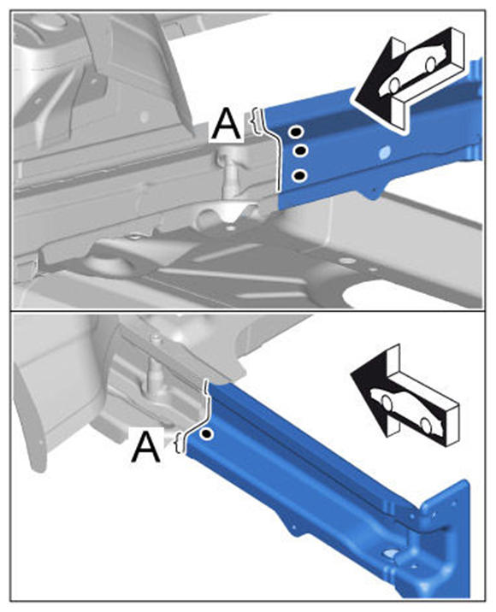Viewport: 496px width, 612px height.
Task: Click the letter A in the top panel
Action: click(226, 124)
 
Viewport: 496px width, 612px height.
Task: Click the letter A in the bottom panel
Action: click(146, 447)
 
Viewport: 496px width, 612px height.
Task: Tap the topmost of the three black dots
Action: click(296, 132)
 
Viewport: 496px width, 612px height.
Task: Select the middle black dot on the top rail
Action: click(300, 150)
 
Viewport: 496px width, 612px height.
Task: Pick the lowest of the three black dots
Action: click(299, 176)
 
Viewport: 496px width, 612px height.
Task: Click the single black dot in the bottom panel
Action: click(207, 433)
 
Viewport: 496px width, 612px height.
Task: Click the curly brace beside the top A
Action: click(257, 121)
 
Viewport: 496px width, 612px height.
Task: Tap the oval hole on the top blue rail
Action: click(384, 151)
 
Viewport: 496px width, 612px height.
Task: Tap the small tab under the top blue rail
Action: click(372, 193)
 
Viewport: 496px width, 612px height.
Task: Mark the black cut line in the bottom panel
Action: click(203, 414)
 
